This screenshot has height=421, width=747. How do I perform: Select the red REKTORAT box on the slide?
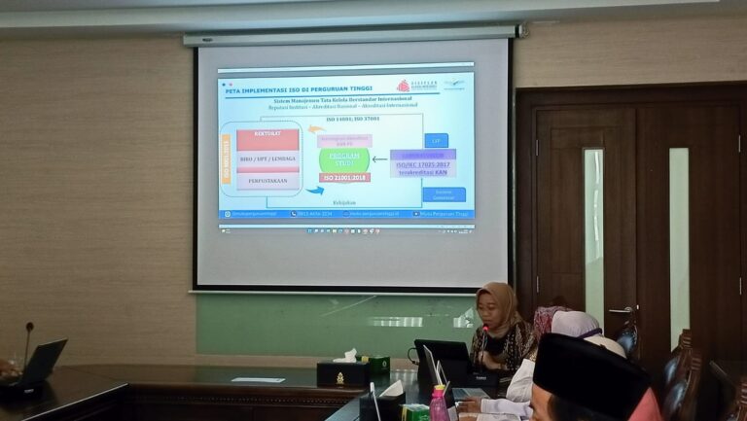click(267, 139)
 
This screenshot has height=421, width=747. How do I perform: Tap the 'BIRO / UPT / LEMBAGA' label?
click(267, 159)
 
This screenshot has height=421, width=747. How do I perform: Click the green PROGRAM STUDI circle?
click(343, 159)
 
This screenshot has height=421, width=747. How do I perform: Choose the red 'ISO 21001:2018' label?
click(343, 178)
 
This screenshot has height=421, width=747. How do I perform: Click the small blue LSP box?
click(436, 140)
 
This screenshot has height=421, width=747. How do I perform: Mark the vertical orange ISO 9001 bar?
click(227, 158)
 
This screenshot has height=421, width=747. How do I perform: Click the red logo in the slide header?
click(403, 87)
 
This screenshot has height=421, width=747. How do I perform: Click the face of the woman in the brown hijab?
click(488, 310)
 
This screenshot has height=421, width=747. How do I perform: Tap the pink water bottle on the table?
click(439, 403)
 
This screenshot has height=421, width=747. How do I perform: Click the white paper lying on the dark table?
click(258, 379)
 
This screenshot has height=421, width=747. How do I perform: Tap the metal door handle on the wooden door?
click(621, 310)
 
